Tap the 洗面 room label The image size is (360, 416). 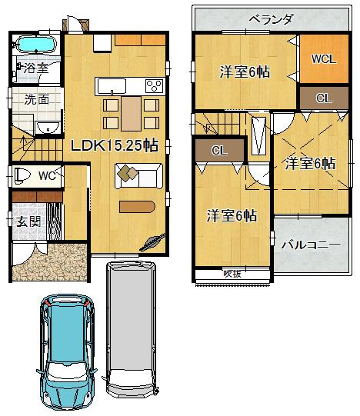(35, 99)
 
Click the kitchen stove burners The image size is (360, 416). (152, 85)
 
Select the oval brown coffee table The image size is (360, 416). (137, 205)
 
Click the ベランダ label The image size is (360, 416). (268, 19)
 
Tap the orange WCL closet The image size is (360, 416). (322, 59)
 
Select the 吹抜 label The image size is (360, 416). (232, 273)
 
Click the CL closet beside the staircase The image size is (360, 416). (219, 151)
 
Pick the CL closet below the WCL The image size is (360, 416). (323, 98)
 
